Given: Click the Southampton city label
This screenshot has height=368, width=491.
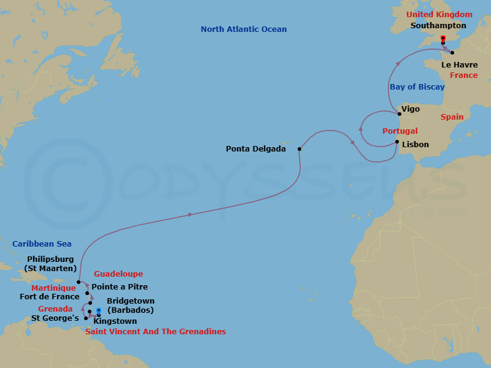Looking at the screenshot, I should point(438,26).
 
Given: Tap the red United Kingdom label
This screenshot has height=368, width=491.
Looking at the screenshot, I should point(439,15).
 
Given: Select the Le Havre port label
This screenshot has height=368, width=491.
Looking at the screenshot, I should point(459,64).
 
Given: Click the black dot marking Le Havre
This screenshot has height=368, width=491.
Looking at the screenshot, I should point(452,53).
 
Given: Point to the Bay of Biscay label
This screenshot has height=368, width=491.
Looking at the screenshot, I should point(417,87).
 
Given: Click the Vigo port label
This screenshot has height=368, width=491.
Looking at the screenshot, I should point(410,109).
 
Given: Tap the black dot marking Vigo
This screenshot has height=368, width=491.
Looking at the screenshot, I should point(400,113).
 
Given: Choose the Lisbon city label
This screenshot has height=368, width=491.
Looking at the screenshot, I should point(416,145).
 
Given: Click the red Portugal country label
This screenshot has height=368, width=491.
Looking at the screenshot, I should point(400,131).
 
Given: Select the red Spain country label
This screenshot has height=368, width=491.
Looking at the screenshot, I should point(452,117).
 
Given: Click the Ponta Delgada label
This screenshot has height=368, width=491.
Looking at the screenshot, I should point(255,148).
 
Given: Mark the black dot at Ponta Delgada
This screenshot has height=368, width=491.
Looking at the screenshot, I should point(300,149).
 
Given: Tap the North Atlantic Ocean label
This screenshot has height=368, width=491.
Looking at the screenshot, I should point(244,29).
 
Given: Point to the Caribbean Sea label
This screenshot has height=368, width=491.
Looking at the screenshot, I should point(42,244).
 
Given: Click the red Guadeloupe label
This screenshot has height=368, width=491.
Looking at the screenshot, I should point(118,274).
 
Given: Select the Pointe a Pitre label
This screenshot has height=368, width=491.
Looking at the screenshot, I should point(120,286).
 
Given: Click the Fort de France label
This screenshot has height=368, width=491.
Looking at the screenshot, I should point(50,297).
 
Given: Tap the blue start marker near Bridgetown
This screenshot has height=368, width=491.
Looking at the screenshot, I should point(99,311).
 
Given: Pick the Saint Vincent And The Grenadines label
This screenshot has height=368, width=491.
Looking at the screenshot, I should point(155,332).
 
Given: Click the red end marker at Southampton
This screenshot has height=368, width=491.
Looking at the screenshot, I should point(443,39).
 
